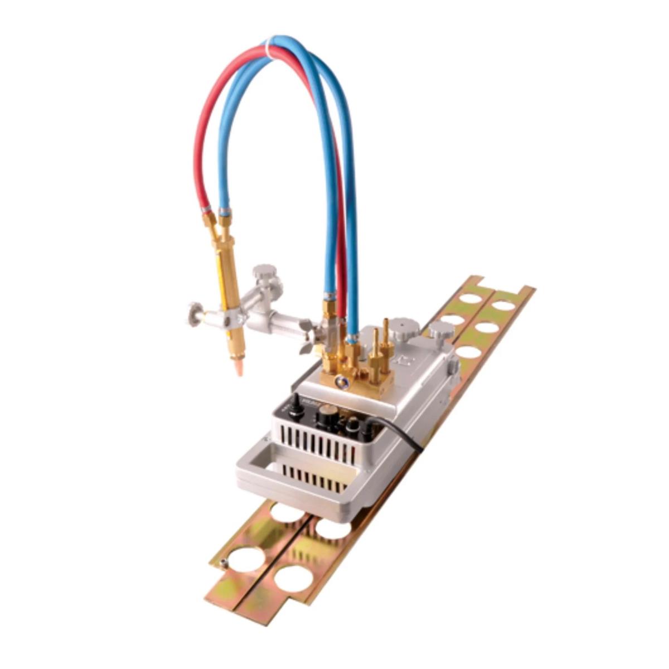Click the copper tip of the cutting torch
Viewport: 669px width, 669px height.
click(x=239, y=369)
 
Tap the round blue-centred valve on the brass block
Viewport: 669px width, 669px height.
click(x=341, y=382)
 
